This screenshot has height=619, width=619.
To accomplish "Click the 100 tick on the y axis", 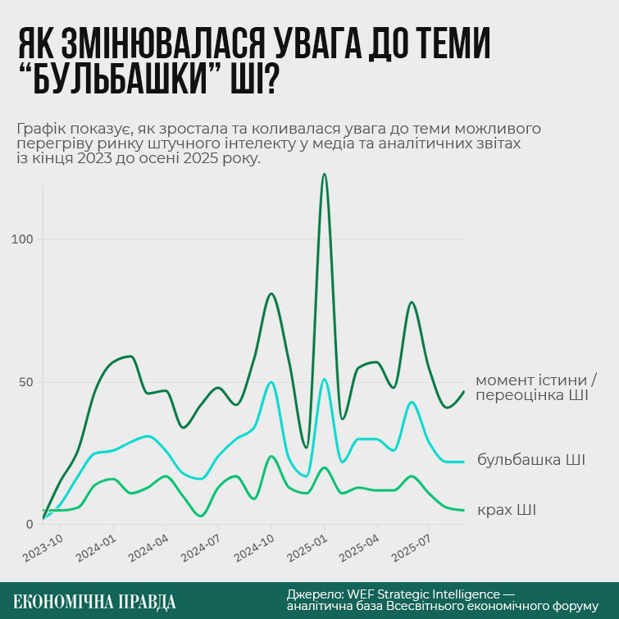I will coord(23,239).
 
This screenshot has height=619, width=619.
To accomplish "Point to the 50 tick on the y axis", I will coord(26,382).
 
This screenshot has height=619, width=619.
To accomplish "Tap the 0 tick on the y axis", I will coord(30,525).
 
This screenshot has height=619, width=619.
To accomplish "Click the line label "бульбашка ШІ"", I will coord(530,459).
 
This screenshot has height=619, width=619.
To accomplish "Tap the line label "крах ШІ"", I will coord(506,510).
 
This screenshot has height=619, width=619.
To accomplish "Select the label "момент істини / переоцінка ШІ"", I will coord(531,388).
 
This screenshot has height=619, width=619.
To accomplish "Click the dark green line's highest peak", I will coord(325,174).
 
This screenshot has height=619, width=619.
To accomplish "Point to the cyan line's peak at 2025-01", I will coord(325,379).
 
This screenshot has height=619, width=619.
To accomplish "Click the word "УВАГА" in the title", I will coord(309,44).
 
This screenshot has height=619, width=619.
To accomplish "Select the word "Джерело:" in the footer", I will coord(315,594).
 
